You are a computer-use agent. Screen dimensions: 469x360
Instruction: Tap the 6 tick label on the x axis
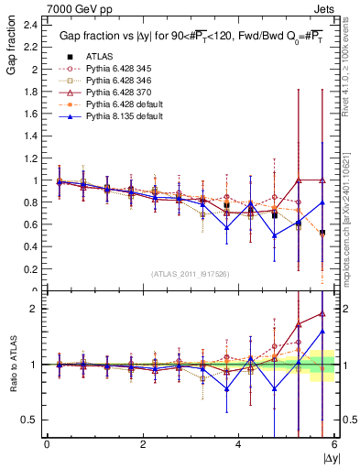(335, 444)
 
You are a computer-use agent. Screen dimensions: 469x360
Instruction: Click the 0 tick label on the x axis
(47, 444)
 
